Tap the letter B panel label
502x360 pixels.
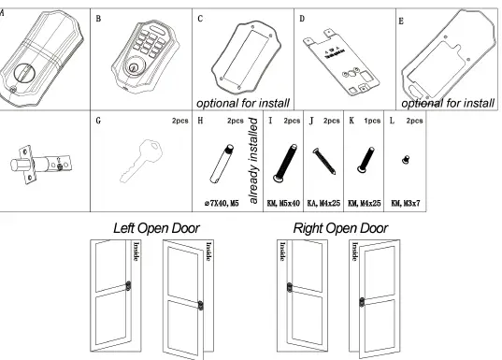tap(99, 18)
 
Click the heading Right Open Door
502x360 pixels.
tap(340, 228)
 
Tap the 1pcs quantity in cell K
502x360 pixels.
tap(373, 122)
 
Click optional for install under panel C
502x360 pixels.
tap(243, 102)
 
